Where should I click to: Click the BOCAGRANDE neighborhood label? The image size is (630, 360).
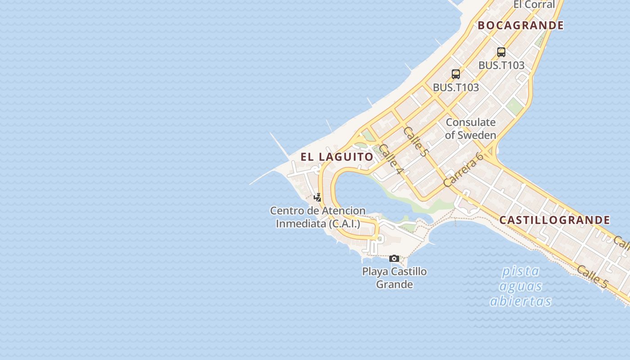click(521, 25)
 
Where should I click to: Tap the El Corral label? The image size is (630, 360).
click(534, 4)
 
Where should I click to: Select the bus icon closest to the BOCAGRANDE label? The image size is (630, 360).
click(501, 52)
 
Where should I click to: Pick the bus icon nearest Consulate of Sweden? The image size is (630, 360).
click(456, 74)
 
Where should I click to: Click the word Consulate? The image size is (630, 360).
click(470, 122)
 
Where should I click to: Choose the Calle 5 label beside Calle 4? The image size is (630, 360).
click(415, 141)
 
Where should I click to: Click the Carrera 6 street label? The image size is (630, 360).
click(463, 170)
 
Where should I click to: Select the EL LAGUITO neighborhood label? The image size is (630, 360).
click(337, 157)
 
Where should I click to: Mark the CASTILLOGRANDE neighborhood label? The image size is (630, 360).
click(555, 220)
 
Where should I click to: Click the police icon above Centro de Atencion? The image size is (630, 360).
click(318, 197)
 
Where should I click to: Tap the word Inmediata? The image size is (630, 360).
click(301, 223)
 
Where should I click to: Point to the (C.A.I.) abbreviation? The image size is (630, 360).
click(345, 223)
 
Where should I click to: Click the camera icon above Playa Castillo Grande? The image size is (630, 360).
click(394, 258)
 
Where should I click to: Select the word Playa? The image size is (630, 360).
click(375, 271)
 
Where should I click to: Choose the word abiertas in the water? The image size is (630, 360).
click(521, 301)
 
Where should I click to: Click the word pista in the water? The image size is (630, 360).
click(521, 271)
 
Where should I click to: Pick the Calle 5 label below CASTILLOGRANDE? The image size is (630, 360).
click(592, 276)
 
